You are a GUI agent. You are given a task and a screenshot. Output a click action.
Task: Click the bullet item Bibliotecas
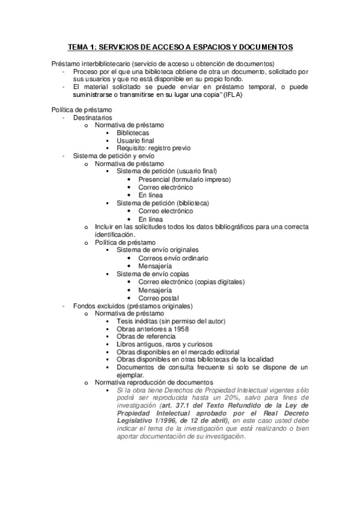pos(133,133)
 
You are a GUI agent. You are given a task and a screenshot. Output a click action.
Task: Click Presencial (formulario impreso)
pos(185,179)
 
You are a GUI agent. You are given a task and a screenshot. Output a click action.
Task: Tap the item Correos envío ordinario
pos(173,257)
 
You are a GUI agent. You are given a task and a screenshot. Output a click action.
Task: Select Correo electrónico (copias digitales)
pos(191,281)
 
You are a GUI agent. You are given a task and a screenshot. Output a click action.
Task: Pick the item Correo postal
pos(159,297)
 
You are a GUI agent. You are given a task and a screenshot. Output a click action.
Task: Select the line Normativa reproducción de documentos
pos(154,382)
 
